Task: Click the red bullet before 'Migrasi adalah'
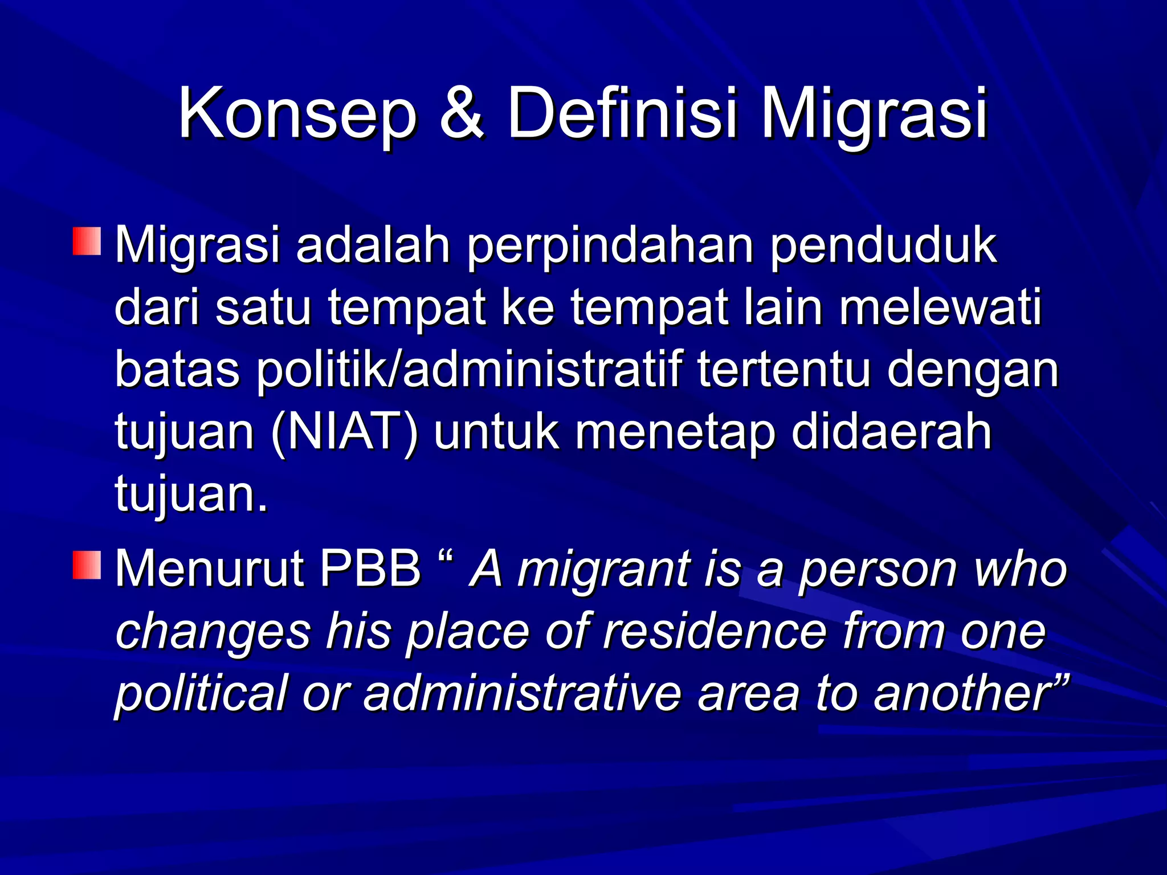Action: point(87,241)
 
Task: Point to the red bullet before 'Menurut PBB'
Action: point(87,565)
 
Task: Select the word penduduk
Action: point(883,247)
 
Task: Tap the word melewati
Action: point(940,308)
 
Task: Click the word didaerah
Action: point(892,431)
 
